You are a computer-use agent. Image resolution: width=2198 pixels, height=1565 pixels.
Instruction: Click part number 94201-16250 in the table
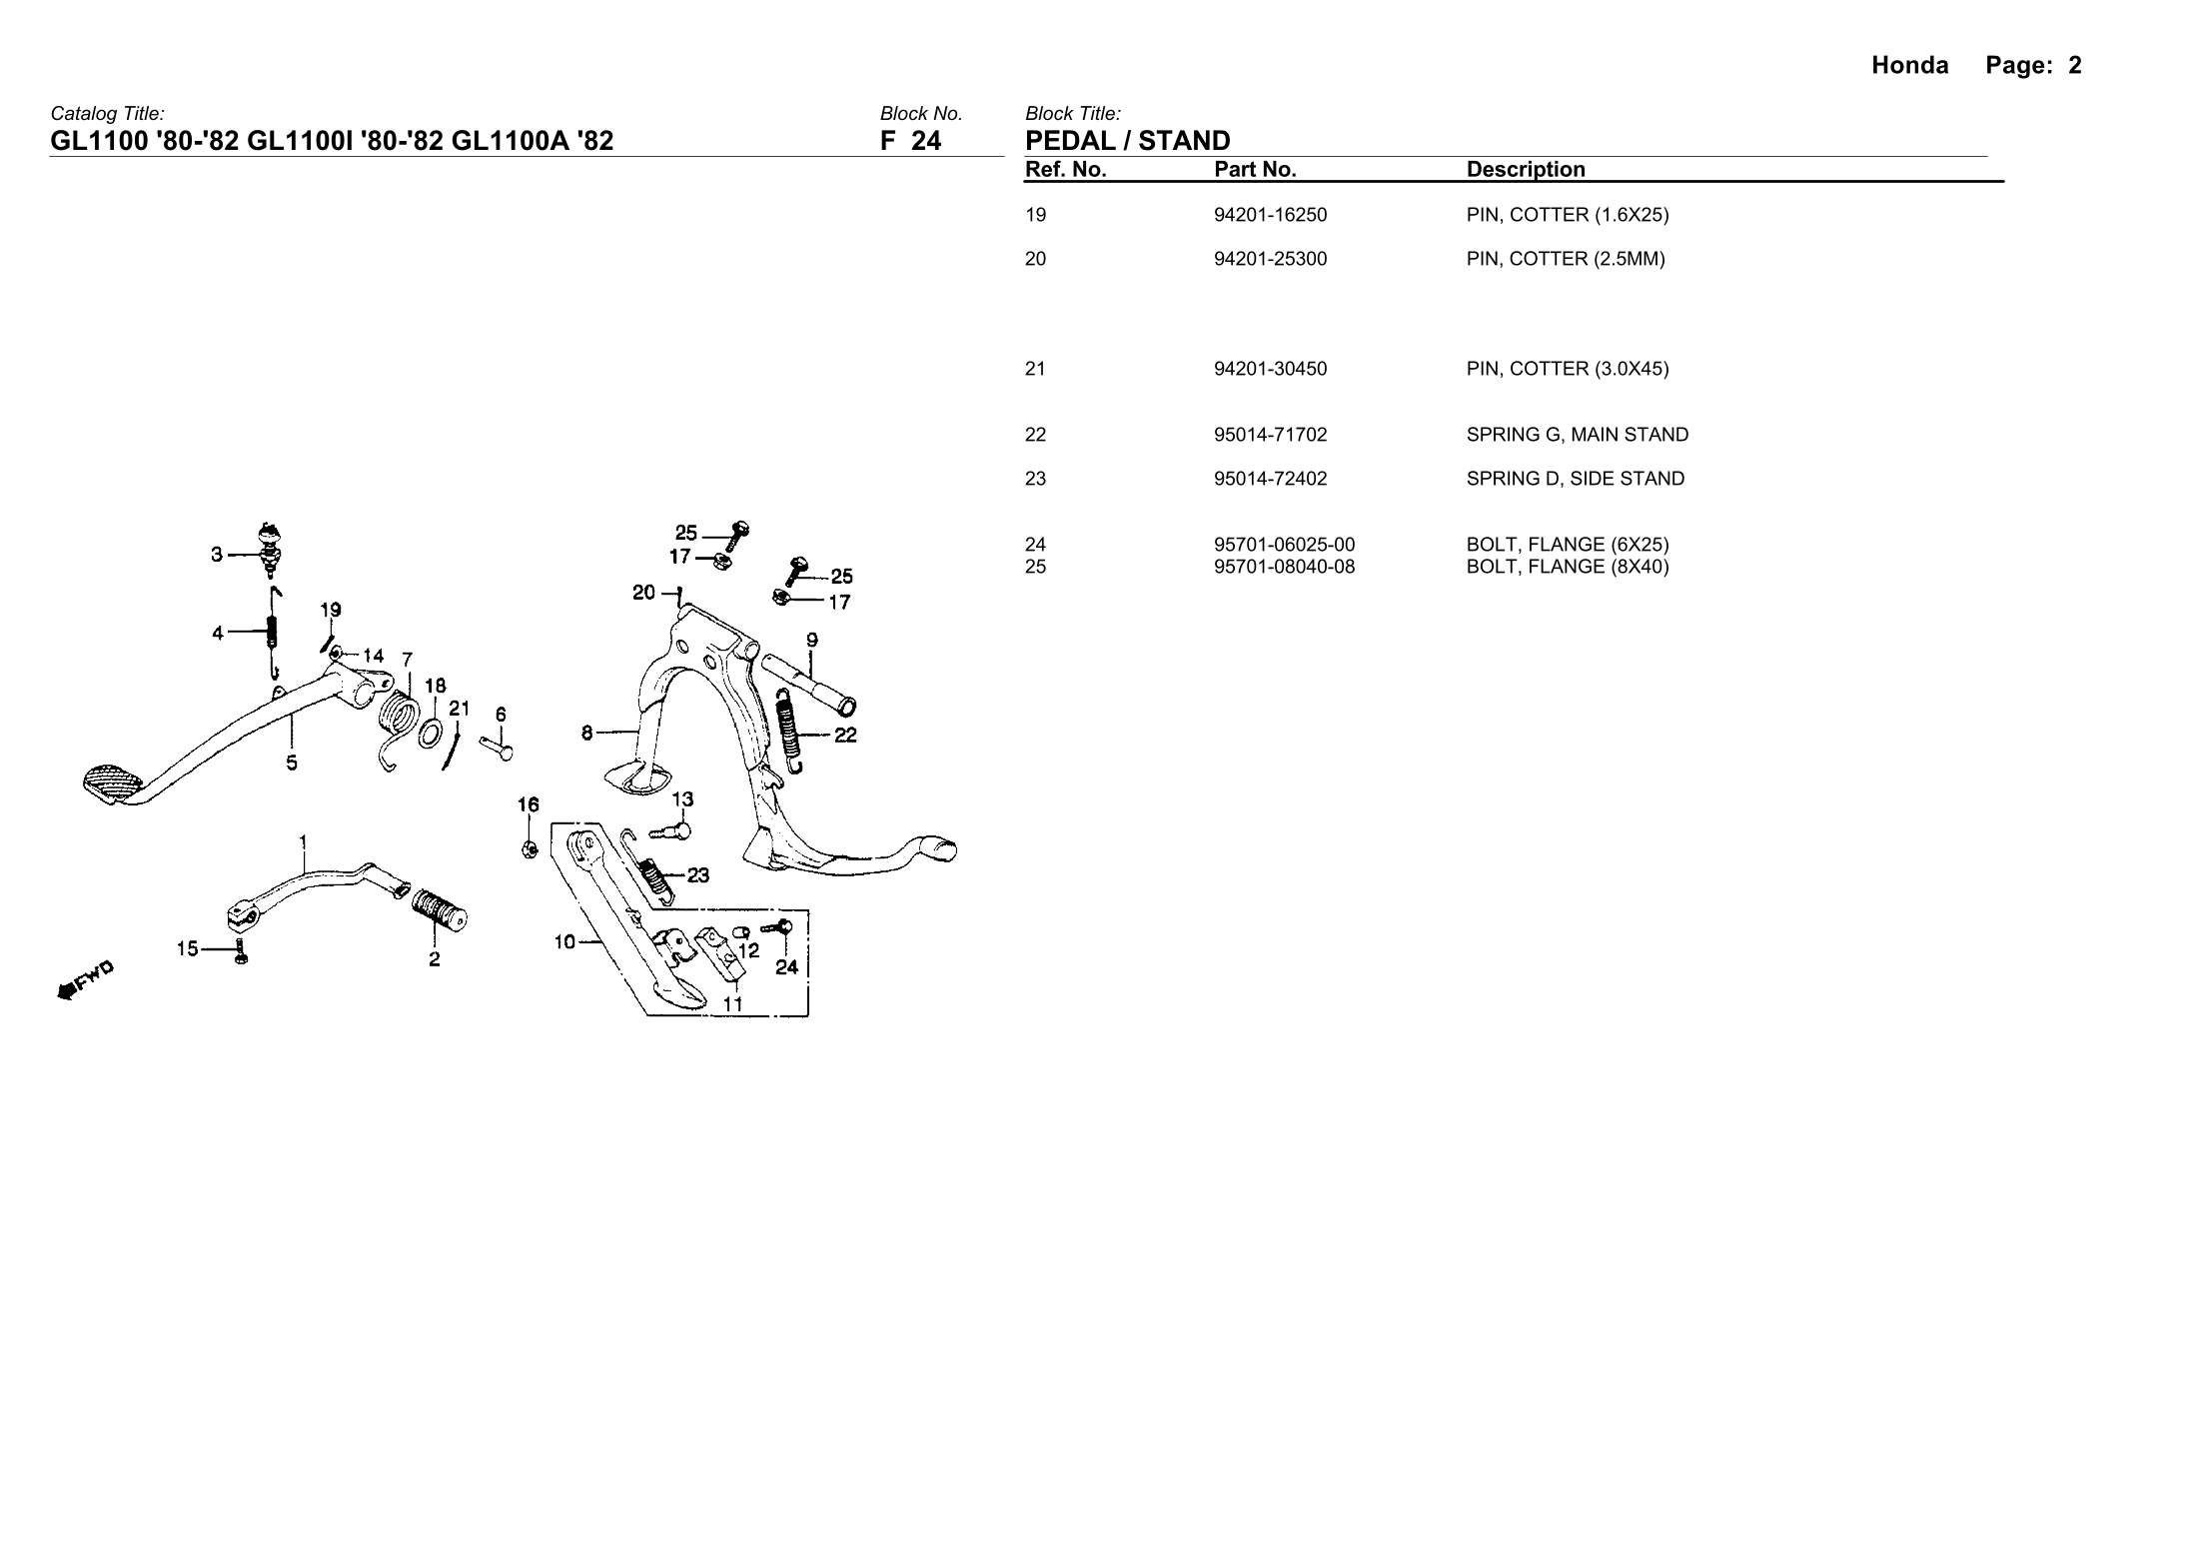(x=1270, y=215)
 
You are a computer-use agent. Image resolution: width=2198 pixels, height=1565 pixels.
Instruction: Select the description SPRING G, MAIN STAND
(x=1577, y=435)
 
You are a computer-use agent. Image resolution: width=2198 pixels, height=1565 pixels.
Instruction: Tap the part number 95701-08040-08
(x=1284, y=567)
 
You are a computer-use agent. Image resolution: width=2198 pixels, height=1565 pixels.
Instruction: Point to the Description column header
(x=1525, y=169)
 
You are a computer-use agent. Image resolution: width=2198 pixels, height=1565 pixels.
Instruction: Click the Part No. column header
(x=1255, y=169)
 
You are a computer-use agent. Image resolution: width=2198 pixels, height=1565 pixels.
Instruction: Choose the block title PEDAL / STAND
(x=1127, y=140)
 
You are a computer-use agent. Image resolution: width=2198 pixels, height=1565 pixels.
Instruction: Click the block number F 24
(x=910, y=140)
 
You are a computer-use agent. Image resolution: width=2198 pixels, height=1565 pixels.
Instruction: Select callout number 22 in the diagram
(x=845, y=736)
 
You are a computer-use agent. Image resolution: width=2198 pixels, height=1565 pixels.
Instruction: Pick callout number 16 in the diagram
(x=528, y=804)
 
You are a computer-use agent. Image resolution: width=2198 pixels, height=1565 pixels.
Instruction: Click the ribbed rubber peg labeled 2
(x=439, y=905)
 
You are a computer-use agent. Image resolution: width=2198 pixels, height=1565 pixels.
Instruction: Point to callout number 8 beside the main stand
(x=587, y=734)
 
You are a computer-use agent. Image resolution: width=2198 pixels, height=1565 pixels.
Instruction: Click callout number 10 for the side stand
(x=564, y=941)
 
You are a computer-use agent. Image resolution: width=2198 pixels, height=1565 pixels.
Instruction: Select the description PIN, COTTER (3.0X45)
(x=1567, y=369)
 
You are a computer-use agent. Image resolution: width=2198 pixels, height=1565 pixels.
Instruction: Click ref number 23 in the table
(x=1035, y=479)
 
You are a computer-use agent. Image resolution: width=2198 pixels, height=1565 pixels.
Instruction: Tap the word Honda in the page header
(x=1909, y=66)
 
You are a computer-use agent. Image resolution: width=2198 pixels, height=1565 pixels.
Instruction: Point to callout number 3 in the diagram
(x=217, y=555)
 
